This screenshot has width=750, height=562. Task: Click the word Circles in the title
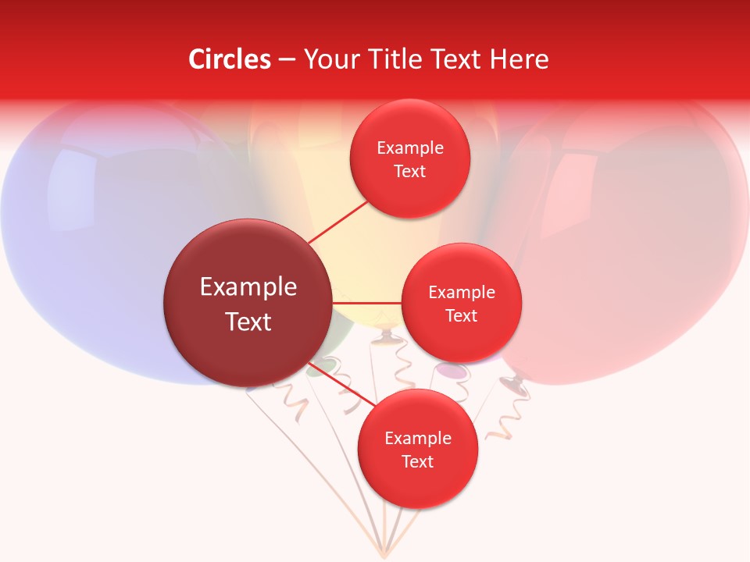(230, 59)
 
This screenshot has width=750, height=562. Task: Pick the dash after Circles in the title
(287, 60)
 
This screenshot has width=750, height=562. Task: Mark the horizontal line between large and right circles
(366, 302)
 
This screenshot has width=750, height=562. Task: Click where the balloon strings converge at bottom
(384, 553)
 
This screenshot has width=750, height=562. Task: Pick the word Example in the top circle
(410, 148)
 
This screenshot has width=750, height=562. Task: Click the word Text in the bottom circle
(417, 461)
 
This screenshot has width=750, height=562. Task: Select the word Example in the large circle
(248, 287)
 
